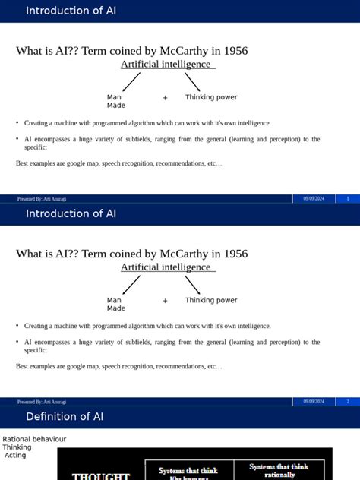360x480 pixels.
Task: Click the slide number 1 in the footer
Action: (347, 198)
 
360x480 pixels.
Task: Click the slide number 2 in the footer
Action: (347, 401)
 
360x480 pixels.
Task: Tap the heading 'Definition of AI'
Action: (65, 416)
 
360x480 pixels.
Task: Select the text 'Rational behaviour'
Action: (34, 439)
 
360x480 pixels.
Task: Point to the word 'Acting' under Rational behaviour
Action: (15, 456)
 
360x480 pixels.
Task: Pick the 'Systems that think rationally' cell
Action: (279, 471)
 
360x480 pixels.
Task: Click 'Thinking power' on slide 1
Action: (211, 97)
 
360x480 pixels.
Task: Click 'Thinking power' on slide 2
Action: (211, 300)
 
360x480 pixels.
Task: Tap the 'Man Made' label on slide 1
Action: (115, 101)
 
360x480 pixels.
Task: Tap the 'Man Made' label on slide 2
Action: (115, 304)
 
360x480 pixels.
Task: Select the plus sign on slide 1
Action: (165, 98)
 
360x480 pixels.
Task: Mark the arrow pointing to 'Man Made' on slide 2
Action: (131, 285)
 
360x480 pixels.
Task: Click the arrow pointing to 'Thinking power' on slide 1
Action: (192, 82)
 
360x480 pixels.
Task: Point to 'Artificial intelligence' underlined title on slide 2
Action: (166, 267)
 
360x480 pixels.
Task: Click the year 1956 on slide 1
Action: (232, 51)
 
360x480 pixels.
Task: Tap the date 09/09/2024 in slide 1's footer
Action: (314, 198)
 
